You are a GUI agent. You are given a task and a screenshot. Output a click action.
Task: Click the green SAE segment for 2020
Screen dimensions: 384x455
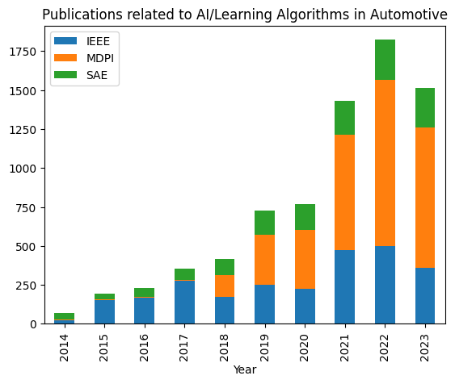pyautogui.click(x=305, y=217)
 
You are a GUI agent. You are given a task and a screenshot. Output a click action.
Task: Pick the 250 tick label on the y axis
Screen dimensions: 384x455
pyautogui.click(x=32, y=285)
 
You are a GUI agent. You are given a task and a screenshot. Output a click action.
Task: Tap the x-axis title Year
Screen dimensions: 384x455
pyautogui.click(x=245, y=369)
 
